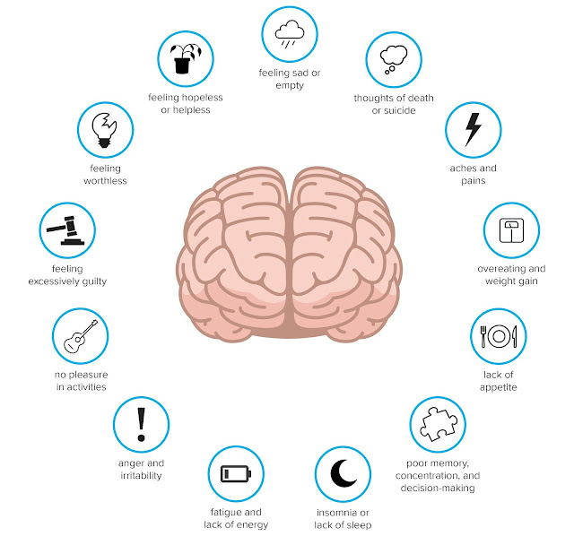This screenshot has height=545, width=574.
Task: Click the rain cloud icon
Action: (289, 34)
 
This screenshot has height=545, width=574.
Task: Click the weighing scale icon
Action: (510, 231)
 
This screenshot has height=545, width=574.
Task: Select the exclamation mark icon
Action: (141, 424)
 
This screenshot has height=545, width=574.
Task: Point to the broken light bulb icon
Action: (106, 129)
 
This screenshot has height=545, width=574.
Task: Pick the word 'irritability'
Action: (141, 475)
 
